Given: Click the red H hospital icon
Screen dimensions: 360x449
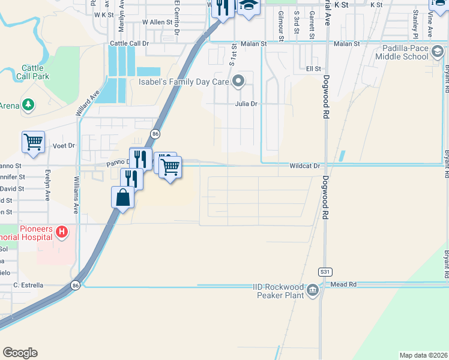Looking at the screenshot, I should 61,232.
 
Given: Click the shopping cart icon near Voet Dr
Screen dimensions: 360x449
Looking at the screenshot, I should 33,143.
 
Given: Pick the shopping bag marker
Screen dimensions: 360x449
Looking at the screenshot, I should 122,197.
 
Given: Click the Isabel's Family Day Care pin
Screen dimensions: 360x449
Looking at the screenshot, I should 238,80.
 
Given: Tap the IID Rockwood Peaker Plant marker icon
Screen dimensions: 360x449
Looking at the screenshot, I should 313,291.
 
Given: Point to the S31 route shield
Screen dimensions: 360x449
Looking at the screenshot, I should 325,272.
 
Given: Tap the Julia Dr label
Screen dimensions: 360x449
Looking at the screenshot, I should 246,104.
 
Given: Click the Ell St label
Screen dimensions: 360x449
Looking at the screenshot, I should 313,69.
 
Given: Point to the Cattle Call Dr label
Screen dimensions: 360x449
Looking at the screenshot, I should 129,44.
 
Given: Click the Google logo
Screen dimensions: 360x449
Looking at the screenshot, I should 20,352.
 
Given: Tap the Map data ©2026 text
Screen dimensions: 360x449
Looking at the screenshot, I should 423,355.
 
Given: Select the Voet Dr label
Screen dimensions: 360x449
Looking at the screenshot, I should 63,146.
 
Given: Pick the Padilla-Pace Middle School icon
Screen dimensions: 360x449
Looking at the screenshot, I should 438,53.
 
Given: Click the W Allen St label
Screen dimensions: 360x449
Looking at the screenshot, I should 157,22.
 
